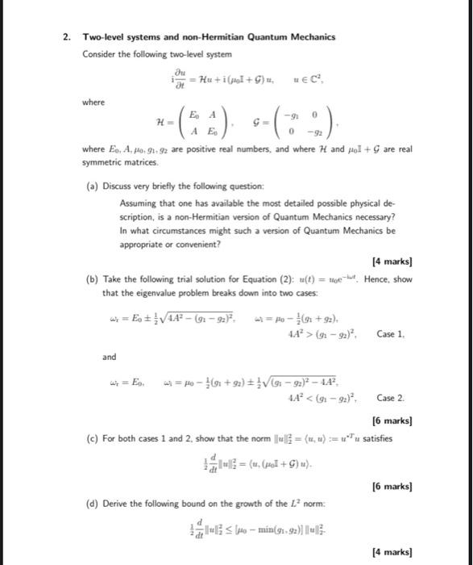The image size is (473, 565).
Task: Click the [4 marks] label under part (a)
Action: (392, 262)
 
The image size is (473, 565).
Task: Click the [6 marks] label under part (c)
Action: (392, 488)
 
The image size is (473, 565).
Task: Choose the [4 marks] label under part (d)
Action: (392, 552)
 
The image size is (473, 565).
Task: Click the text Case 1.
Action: (391, 333)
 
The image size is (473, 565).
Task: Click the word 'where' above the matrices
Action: (93, 103)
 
